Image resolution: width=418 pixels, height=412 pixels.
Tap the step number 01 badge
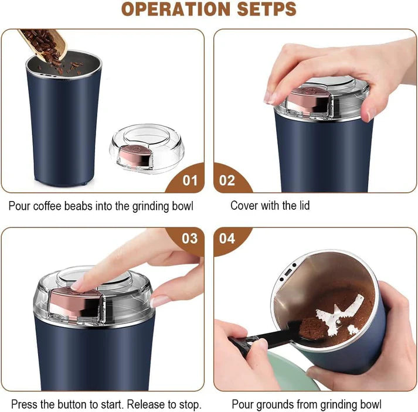pyautogui.click(x=189, y=180)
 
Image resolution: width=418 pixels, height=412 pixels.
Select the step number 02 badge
pyautogui.click(x=227, y=180)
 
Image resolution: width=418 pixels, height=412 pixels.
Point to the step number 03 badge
pyautogui.click(x=189, y=239)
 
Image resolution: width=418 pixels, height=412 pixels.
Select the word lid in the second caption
pyautogui.click(x=303, y=205)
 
